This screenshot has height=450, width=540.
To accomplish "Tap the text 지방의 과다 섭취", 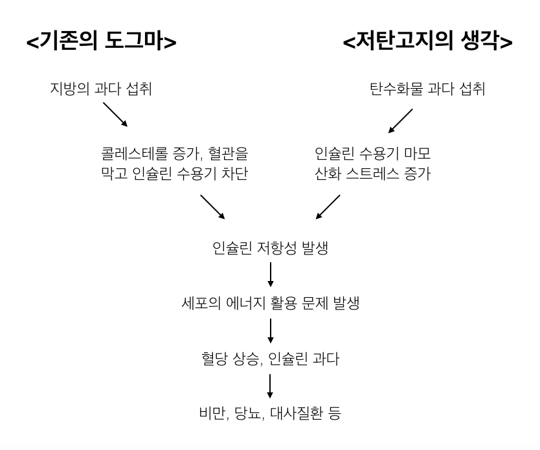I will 100,89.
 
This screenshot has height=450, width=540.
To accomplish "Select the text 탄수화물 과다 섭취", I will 428,89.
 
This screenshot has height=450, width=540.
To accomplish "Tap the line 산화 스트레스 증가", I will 372,174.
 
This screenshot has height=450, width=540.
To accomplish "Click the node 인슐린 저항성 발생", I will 270,248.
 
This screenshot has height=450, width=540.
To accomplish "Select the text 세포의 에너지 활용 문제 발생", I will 270,302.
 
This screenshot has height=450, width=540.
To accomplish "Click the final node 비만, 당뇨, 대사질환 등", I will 270,412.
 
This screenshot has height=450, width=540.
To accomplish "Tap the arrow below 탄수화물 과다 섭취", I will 399,119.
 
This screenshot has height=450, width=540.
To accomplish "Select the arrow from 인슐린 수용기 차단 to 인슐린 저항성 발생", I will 213,207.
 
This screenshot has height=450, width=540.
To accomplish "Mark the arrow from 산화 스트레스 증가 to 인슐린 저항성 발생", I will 327,207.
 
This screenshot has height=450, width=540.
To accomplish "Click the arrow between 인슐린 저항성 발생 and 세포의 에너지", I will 270,275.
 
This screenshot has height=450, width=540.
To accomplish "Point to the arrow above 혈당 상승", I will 270,330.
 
